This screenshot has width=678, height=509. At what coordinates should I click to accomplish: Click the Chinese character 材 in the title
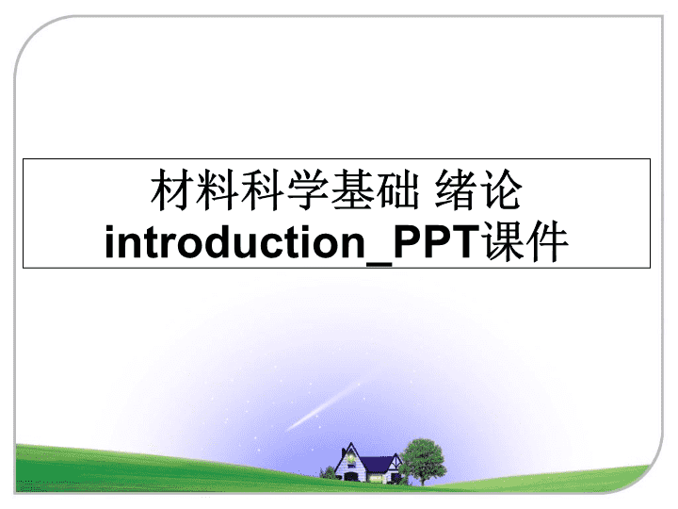[x=172, y=190]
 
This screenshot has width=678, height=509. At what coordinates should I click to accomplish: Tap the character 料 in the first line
[x=218, y=190]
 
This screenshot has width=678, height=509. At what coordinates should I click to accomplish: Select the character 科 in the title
[x=263, y=190]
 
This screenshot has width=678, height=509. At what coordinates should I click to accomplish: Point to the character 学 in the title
[x=307, y=190]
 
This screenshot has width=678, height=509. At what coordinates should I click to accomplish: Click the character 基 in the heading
[x=352, y=190]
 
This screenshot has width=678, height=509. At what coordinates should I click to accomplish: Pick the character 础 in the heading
[x=397, y=190]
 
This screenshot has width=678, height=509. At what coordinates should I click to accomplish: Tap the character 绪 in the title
[x=456, y=190]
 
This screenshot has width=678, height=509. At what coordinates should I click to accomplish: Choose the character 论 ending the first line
[x=501, y=190]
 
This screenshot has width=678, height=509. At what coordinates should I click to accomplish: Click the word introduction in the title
[x=235, y=241]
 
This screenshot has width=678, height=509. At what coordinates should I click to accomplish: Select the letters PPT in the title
[x=437, y=241]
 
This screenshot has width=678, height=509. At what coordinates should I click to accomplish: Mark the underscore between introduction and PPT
[x=379, y=263]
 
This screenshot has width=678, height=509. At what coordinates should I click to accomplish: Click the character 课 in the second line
[x=504, y=241]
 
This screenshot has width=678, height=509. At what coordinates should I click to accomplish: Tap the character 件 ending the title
[x=547, y=241]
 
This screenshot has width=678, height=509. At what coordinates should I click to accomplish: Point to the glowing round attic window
[x=350, y=457]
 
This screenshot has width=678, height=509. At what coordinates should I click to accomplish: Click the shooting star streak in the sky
[x=323, y=406]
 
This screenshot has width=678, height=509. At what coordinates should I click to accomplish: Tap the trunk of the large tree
[x=422, y=479]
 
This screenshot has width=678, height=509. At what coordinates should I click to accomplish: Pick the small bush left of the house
[x=329, y=472]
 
